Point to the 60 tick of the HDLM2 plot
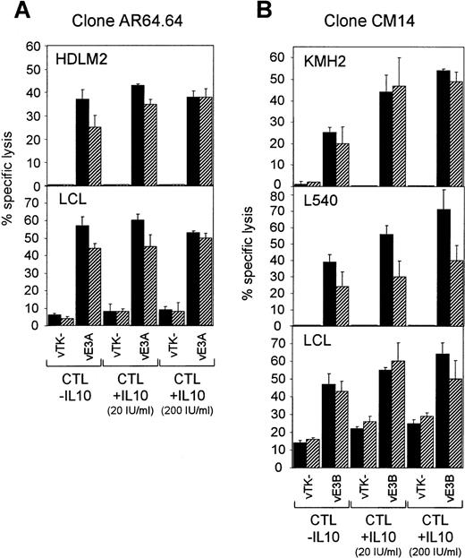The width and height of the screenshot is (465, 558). pyautogui.click(x=33, y=46)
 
